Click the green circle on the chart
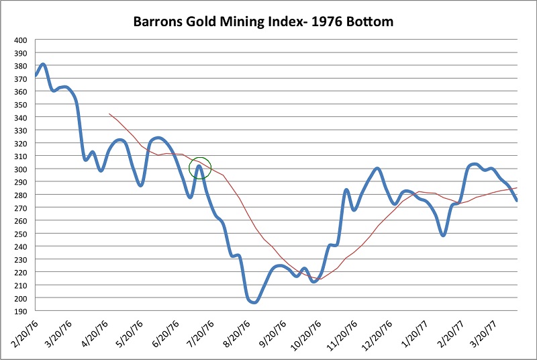(200, 168)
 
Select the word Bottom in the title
(369, 21)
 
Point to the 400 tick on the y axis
(20, 40)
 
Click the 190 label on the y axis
(20, 311)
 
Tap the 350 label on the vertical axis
(20, 105)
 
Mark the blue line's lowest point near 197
(254, 302)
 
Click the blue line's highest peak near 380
(43, 64)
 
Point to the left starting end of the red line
(109, 114)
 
